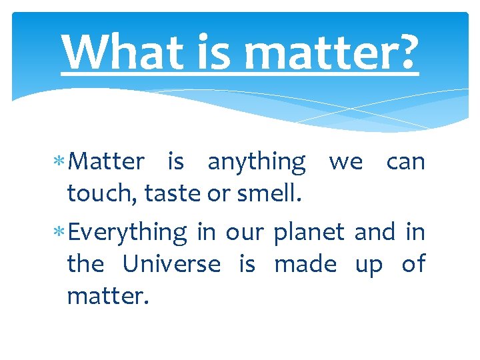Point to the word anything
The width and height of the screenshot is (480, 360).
[x=257, y=162]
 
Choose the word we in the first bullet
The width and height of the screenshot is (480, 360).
[x=346, y=162]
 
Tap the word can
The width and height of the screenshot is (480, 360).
[x=405, y=162]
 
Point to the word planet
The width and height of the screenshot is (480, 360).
[x=309, y=233]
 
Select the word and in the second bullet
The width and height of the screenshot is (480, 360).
[x=375, y=233]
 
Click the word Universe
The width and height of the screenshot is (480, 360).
[x=171, y=265]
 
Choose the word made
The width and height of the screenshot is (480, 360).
[x=305, y=265]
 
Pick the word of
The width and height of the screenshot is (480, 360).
[x=413, y=265]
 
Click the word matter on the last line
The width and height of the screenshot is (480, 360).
[x=105, y=295]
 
